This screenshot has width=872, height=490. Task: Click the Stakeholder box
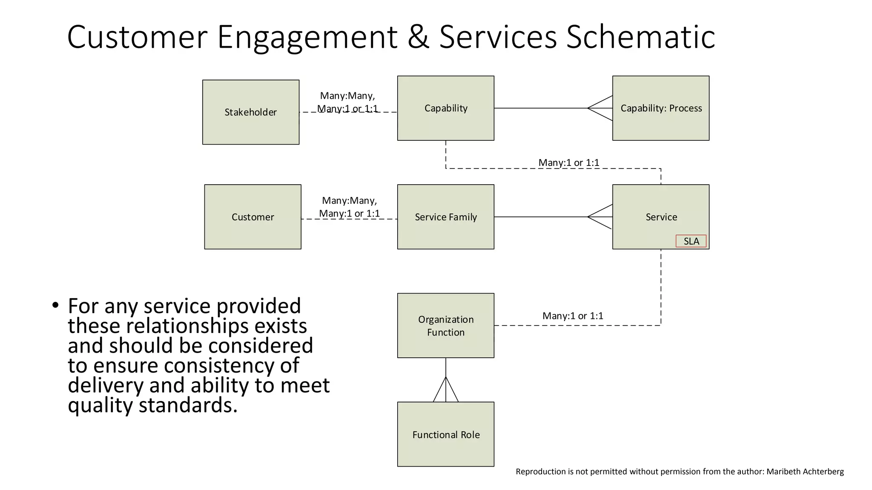250,112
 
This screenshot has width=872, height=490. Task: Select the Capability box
445,108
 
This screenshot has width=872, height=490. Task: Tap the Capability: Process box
660,108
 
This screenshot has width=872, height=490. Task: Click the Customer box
252,217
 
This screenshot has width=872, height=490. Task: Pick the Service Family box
445,217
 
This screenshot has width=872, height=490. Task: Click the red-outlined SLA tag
691,241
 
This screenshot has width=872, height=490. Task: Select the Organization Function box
445,325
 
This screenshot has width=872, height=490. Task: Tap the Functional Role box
445,434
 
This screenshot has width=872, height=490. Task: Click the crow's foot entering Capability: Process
601,108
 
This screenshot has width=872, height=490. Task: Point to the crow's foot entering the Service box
601,217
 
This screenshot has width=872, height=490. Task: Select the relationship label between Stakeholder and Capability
347,102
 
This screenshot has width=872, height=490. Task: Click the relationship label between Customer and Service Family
349,207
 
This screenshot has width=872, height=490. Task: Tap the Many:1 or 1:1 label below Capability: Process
568,162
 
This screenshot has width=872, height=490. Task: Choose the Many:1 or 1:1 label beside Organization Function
573,316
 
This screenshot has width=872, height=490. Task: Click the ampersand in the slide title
418,37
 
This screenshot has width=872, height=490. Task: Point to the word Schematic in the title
640,37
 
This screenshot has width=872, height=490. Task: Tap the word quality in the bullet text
100,405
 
